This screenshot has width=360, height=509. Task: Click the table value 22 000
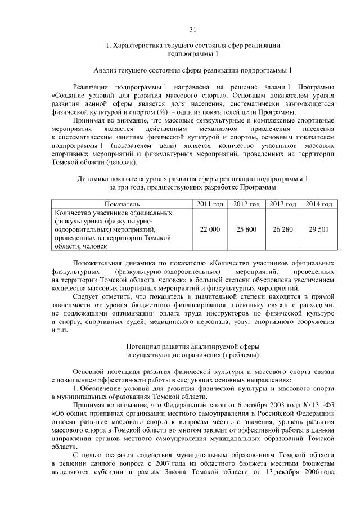coord(209,229)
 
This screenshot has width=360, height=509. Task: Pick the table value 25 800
coord(246,229)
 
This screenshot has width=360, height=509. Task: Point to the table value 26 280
coord(283,229)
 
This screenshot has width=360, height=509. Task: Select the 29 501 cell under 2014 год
coord(318,229)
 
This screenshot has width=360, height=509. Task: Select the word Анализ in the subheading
coord(106,70)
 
